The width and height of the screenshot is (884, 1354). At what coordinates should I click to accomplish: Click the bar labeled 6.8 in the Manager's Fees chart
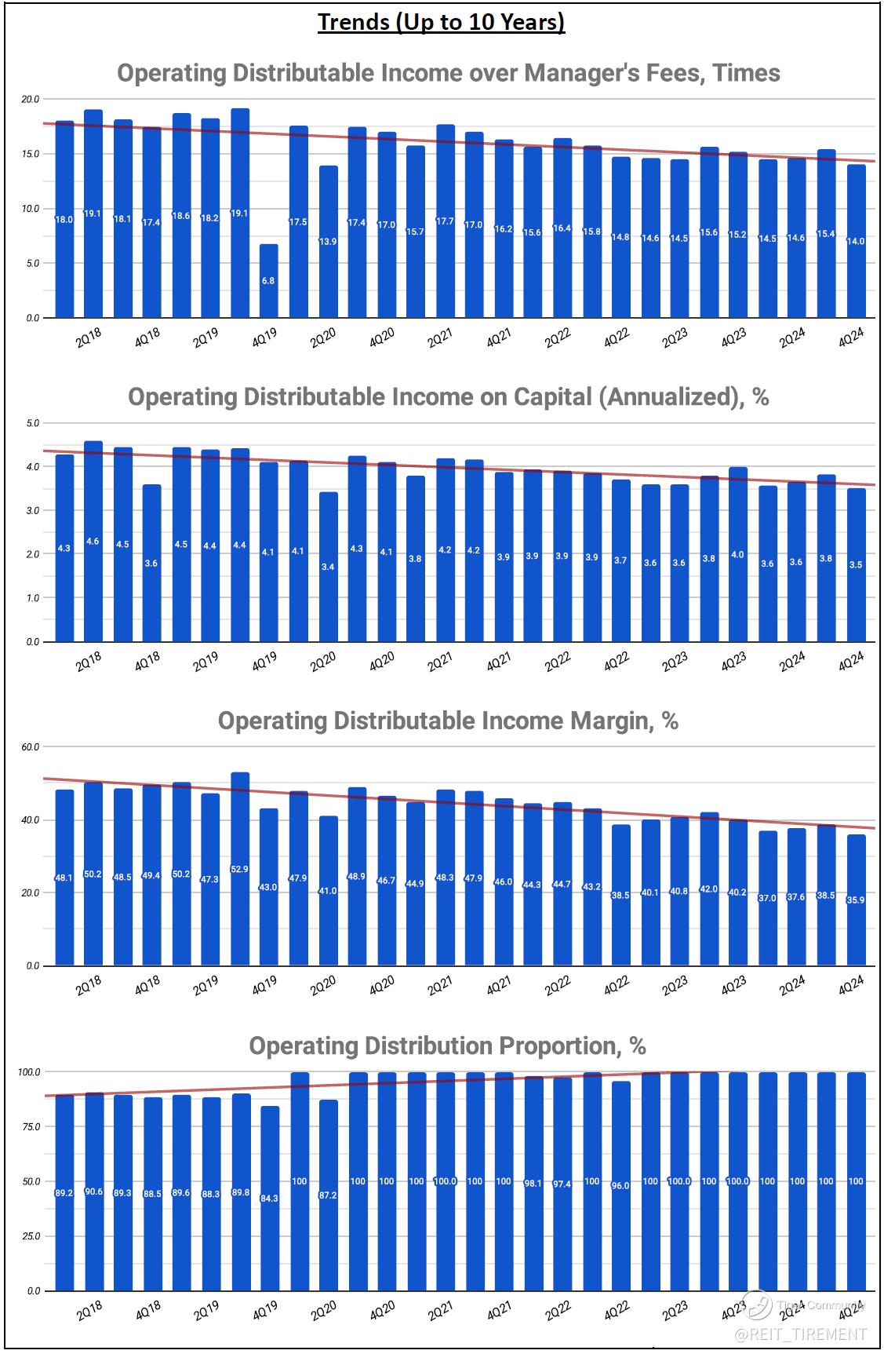pos(269,281)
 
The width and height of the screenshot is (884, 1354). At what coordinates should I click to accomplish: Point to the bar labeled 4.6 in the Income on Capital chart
pos(93,542)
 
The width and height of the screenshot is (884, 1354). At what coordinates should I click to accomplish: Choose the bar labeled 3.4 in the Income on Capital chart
pos(328,567)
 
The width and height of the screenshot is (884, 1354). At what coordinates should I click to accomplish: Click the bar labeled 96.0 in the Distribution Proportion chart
pos(620,1186)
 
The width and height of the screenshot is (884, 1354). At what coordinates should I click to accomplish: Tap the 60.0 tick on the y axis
pos(31,746)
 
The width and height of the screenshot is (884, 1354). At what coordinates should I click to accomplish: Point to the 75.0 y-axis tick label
pos(31,1126)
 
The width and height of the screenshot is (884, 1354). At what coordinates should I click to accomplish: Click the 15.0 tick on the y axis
pos(31,154)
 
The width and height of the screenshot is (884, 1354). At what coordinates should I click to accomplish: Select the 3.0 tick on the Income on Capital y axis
pos(32,510)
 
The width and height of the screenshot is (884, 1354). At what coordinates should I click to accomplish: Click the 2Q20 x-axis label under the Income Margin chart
pos(323,985)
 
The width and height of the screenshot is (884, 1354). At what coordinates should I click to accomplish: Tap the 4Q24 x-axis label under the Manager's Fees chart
pos(851,337)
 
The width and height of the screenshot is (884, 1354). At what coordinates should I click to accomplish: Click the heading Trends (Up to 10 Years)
pos(441,22)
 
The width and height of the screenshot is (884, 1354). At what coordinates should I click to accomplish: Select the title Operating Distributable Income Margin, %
pos(448,721)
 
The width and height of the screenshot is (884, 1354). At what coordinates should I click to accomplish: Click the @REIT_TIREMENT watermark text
pos(800,1334)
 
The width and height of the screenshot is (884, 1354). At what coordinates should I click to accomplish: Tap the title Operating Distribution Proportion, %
pos(447,1046)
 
